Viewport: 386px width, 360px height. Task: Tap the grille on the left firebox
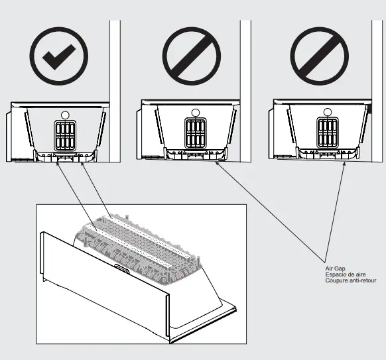(64, 136)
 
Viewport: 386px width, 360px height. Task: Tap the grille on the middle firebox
(194, 133)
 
